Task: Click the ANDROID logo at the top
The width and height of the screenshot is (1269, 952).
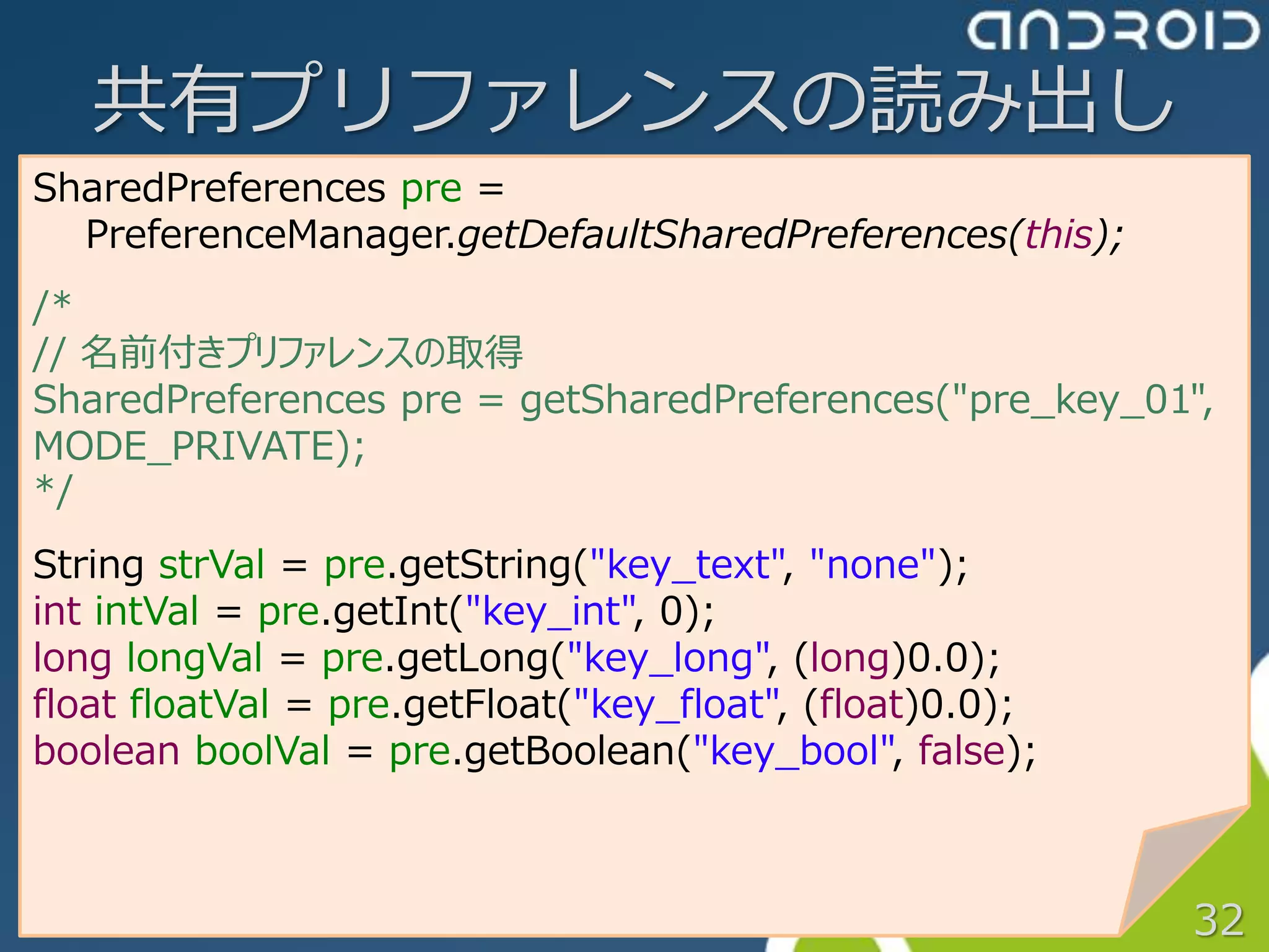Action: (1113, 31)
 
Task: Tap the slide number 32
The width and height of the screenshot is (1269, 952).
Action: (1218, 920)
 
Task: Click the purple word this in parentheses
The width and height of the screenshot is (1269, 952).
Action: (1058, 236)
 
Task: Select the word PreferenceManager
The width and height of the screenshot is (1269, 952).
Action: (269, 236)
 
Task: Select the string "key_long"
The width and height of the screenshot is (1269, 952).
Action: (668, 658)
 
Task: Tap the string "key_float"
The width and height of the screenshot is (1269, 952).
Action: (677, 705)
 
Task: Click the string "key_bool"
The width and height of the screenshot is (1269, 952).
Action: (794, 751)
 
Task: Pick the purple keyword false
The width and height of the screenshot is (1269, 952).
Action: (961, 751)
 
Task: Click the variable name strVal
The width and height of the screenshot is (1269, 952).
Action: (211, 565)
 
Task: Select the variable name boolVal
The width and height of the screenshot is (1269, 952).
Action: (263, 751)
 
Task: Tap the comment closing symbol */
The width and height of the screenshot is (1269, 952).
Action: (53, 491)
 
